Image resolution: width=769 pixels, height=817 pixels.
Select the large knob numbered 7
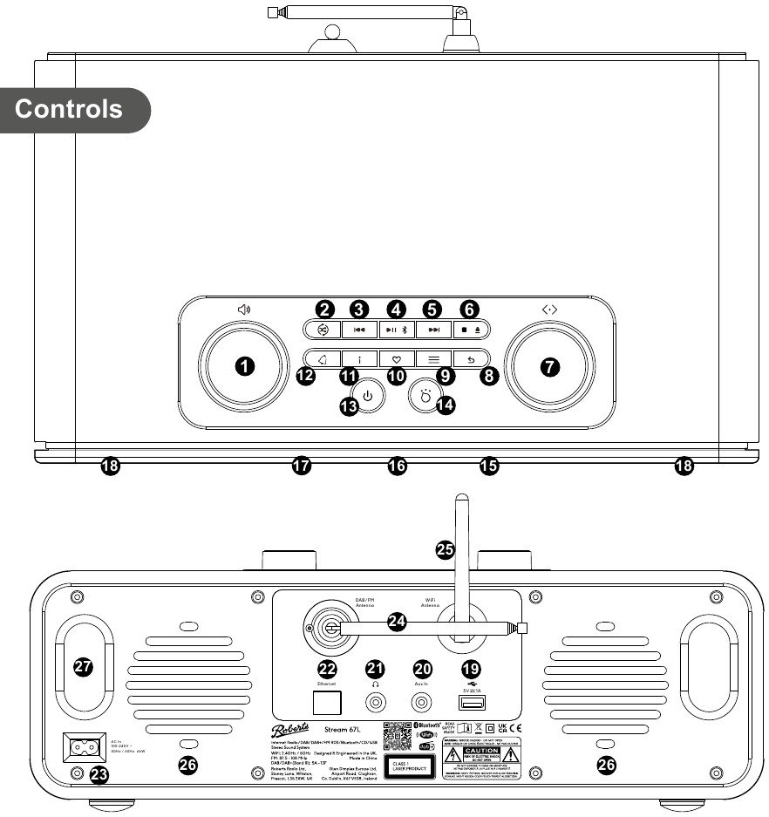pos(549,367)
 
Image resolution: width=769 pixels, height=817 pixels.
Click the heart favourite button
pos(397,358)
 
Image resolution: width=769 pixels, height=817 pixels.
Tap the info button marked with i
pos(358,358)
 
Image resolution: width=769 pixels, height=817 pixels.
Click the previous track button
pos(358,330)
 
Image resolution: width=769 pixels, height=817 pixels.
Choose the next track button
pos(434,330)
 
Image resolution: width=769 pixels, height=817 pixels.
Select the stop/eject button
pos(472,330)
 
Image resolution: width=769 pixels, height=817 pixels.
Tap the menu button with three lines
pos(434,358)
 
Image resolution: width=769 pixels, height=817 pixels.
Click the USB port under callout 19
pos(471,703)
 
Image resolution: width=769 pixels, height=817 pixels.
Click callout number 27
pos(83,666)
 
